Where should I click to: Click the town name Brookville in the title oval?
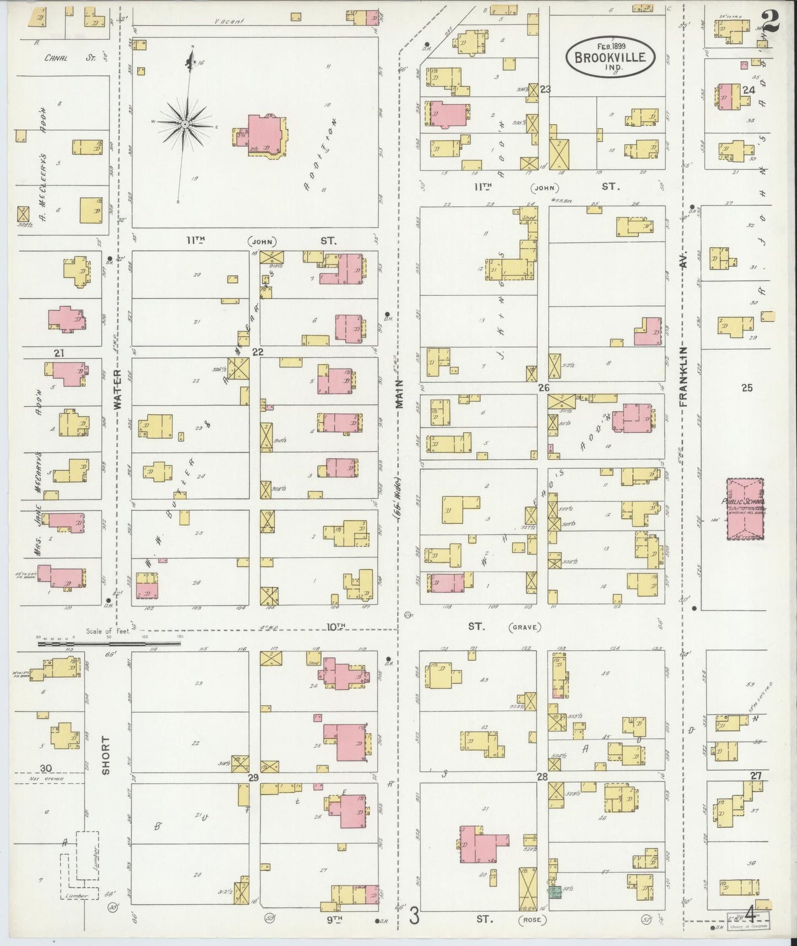tap(610, 57)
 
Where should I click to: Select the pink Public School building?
tap(745, 508)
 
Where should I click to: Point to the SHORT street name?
tap(106, 754)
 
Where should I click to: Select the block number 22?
tap(258, 352)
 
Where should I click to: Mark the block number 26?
tap(544, 388)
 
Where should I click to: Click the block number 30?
tap(46, 768)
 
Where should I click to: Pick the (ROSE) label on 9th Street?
tap(532, 920)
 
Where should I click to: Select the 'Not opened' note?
tap(50, 779)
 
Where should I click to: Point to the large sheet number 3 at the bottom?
tap(414, 918)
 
